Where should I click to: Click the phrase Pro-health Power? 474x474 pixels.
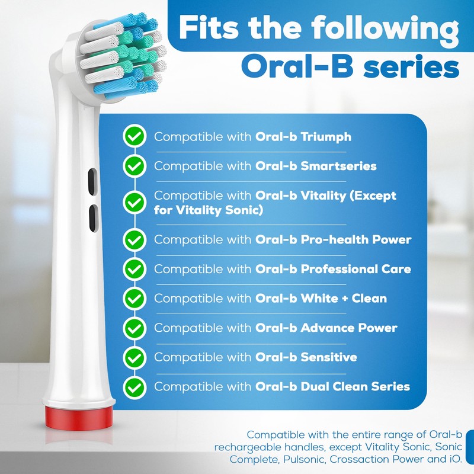tap(356, 240)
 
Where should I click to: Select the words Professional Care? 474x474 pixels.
tap(356, 269)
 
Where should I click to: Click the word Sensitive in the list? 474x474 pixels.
tap(329, 357)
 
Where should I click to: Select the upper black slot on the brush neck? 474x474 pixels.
tap(92, 181)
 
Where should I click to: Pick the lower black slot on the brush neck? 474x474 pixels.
tap(92, 219)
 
